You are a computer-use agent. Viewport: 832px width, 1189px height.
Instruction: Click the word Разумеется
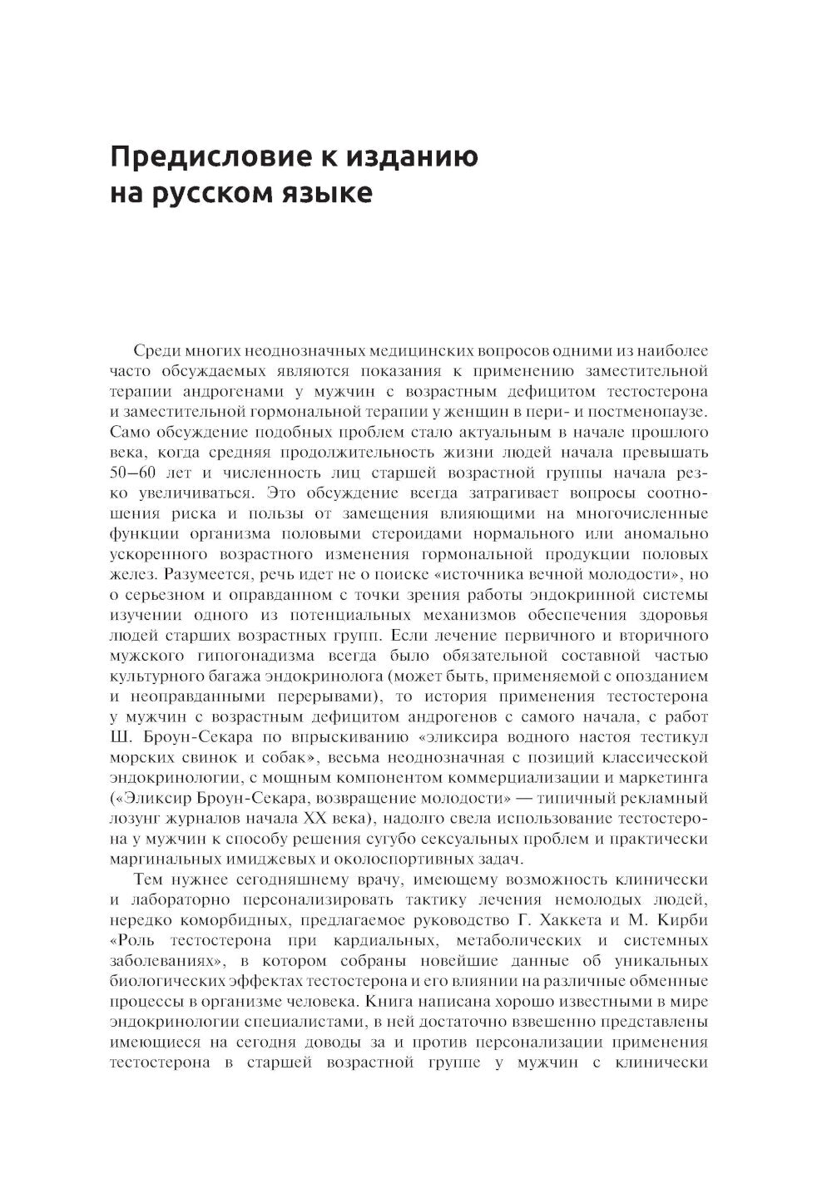(200, 574)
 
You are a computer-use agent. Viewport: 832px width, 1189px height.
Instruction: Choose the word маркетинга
(668, 777)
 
